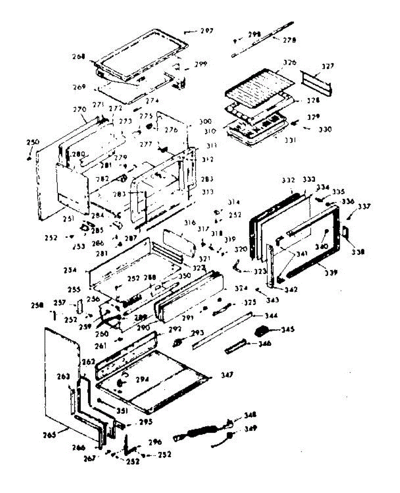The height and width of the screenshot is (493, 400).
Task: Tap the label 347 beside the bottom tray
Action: pos(226,375)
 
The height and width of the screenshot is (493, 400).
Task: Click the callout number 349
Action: pos(251,429)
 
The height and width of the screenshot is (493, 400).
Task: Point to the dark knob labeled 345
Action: pos(262,330)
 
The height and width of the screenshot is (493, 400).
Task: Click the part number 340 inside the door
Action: pos(323,247)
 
